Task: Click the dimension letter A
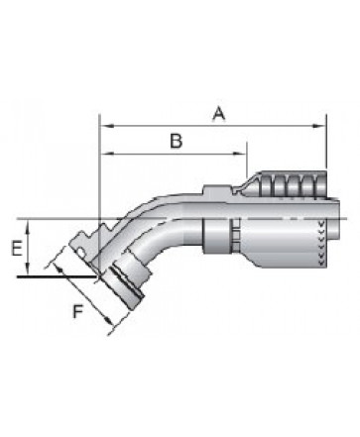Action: [219, 114]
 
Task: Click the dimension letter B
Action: [177, 141]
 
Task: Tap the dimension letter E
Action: [17, 249]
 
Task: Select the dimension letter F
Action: [77, 311]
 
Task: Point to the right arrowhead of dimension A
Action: [319, 126]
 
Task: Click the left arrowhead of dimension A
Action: [106, 126]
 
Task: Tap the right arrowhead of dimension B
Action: [240, 154]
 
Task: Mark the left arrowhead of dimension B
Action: [106, 154]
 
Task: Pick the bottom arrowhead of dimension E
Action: [28, 269]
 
